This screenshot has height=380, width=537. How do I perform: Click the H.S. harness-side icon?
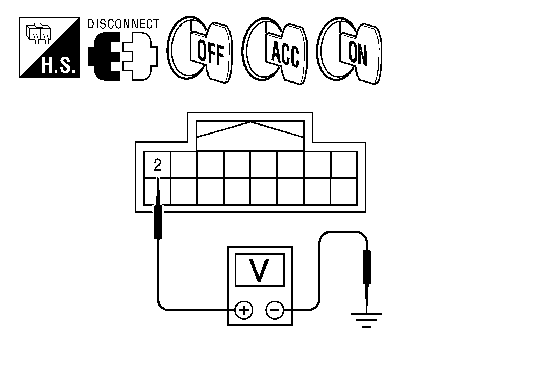[49, 47]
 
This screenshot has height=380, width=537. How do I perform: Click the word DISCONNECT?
[123, 24]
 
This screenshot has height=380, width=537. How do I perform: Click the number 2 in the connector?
[157, 165]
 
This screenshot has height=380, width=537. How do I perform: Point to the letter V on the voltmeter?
[259, 270]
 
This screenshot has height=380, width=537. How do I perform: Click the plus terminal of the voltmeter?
[244, 310]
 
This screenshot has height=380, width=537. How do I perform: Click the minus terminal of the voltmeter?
[275, 310]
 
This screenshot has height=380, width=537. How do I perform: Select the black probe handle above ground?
[367, 267]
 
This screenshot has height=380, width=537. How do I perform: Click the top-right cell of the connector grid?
[344, 165]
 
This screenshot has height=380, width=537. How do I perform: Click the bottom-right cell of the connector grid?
[344, 191]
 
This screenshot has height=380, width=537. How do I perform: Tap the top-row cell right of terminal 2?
[184, 165]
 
